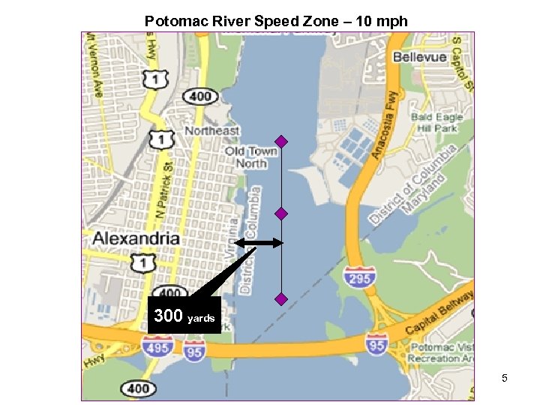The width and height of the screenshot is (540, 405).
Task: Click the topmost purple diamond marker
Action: pos(281,141)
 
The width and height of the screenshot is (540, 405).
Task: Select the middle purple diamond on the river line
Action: pos(281,214)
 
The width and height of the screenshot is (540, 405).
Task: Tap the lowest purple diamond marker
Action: pos(281,299)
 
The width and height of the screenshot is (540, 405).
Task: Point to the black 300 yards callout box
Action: pos(184,316)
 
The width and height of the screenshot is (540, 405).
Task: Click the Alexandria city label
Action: pos(136,238)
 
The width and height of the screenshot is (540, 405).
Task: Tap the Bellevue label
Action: pos(420,57)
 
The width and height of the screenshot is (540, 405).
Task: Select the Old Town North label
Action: pos(251,157)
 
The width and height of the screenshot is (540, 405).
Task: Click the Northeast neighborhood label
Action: pos(212,130)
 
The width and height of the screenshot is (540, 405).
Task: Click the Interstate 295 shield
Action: pos(358,277)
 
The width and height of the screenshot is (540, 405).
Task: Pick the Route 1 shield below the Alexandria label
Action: pos(142,262)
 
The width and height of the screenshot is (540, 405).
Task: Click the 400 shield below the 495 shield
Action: pos(138,388)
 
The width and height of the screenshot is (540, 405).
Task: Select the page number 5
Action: pos(505,378)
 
